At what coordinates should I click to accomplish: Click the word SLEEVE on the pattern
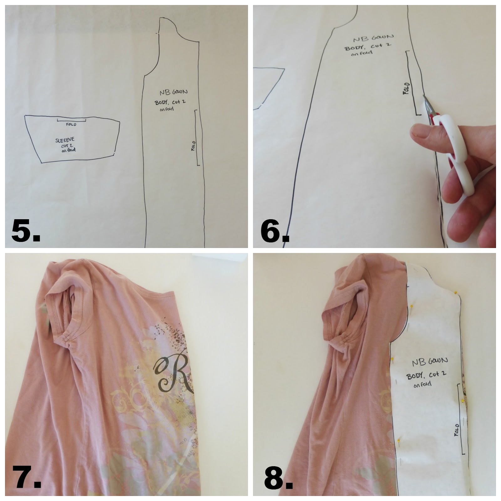pos(65,140)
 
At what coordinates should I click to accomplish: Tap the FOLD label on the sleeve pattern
pos(71,124)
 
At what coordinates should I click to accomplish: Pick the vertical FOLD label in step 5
pos(193,146)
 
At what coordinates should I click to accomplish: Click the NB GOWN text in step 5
pos(173,92)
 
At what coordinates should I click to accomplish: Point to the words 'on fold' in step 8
pos(422,384)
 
